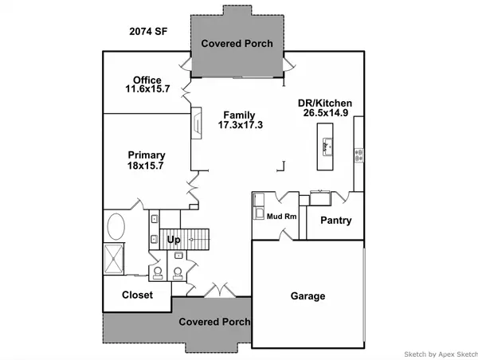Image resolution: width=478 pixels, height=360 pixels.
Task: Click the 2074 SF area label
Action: tap(148, 31)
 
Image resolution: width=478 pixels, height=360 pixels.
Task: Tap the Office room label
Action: tap(147, 80)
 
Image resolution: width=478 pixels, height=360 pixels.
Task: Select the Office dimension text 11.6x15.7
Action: tap(147, 89)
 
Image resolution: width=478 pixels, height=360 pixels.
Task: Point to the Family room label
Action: tap(239, 115)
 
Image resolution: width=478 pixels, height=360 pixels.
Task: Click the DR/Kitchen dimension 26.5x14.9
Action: tap(326, 113)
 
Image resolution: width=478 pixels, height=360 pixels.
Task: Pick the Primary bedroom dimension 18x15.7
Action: tap(146, 166)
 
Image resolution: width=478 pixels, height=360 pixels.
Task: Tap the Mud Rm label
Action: tap(282, 217)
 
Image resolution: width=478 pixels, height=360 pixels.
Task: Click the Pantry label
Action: tap(336, 220)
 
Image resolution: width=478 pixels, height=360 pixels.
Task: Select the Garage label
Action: tap(308, 296)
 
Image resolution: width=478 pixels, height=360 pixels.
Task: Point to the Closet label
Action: tap(138, 295)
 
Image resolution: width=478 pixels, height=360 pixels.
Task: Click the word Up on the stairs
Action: tap(174, 240)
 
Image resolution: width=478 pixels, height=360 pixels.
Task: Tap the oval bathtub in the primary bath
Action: tap(116, 226)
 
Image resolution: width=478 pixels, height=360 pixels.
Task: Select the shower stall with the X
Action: tap(114, 259)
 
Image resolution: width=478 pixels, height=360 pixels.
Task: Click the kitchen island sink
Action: tap(327, 147)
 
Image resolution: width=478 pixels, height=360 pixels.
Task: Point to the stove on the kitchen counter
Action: tap(358, 155)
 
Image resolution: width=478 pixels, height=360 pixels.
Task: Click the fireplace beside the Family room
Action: tap(196, 123)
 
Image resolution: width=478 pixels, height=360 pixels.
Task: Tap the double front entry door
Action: tap(220, 290)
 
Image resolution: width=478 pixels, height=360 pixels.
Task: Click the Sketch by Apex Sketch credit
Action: tap(441, 354)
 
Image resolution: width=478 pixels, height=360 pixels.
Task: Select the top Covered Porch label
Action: tap(237, 44)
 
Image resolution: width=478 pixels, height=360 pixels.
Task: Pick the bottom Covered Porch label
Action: tap(214, 322)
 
